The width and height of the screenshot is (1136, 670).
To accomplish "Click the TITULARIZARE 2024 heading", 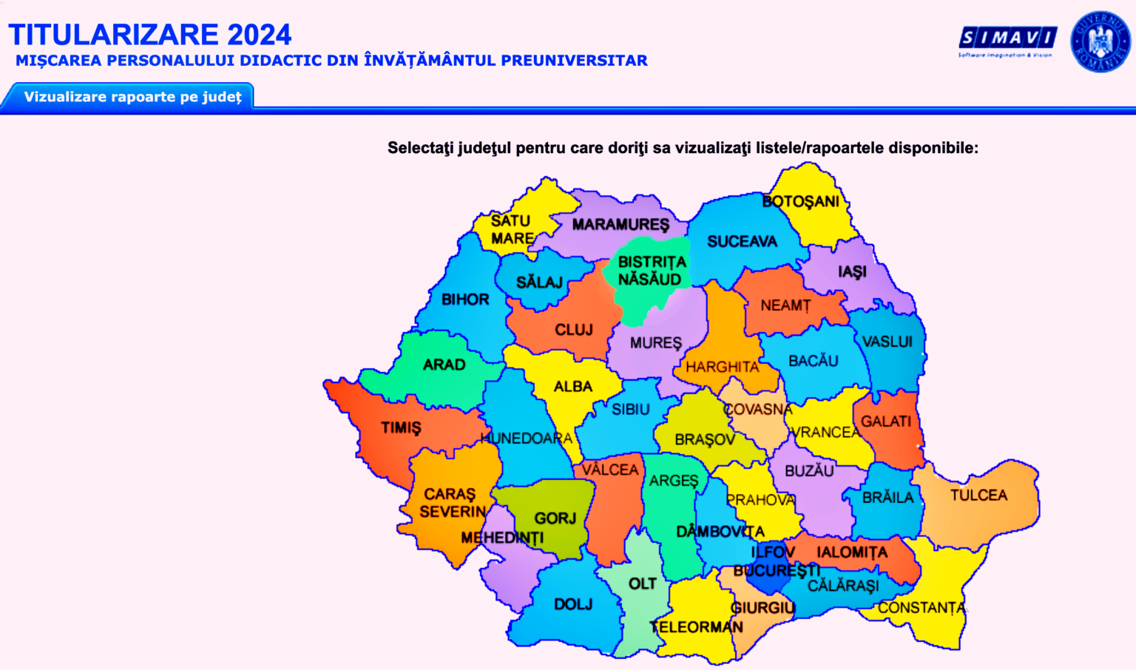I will click(x=150, y=34).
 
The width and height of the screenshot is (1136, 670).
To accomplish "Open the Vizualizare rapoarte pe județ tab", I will click(x=132, y=97).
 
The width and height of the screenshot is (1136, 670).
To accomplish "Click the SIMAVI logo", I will click(x=1007, y=38).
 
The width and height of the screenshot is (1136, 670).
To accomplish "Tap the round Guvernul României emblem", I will click(x=1100, y=41).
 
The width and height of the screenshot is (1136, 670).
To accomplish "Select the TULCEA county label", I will click(x=978, y=495).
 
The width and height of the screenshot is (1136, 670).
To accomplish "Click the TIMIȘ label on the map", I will click(x=401, y=428).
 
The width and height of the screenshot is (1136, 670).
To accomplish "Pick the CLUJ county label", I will click(x=574, y=330).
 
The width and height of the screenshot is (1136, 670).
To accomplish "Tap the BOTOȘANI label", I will click(x=801, y=201).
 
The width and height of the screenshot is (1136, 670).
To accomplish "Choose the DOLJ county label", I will click(x=573, y=605).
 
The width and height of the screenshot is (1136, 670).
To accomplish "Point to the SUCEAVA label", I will click(x=742, y=242).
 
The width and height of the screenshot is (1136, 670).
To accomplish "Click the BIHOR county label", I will click(x=465, y=300).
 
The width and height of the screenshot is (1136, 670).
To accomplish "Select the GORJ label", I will click(x=555, y=518).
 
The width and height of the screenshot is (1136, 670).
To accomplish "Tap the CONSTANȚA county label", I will click(x=922, y=608).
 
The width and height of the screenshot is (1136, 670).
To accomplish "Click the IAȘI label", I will click(x=852, y=272).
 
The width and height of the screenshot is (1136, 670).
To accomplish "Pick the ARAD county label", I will click(x=444, y=365).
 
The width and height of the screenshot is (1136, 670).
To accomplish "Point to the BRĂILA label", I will click(x=887, y=498).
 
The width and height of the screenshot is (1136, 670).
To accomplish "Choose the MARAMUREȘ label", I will click(x=621, y=225).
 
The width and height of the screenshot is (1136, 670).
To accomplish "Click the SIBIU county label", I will click(x=630, y=410).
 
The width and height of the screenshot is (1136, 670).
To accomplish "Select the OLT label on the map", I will click(x=642, y=584).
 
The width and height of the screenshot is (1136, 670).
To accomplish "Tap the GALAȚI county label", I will click(x=886, y=422).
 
